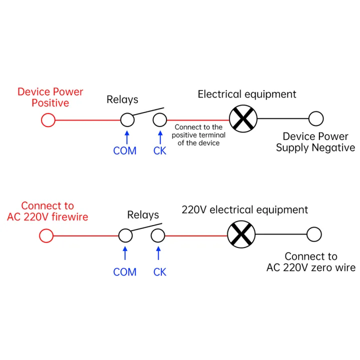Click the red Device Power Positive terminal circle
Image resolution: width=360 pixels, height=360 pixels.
point(48,120)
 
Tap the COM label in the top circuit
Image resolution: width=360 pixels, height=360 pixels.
point(125,150)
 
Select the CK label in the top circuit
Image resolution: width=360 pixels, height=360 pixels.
point(159,150)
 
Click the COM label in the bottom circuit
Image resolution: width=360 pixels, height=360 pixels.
point(125,272)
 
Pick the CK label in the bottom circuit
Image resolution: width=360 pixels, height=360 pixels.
point(159,272)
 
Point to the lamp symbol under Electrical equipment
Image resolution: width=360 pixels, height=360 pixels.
point(243,119)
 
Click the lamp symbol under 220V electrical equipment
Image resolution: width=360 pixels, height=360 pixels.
point(241,234)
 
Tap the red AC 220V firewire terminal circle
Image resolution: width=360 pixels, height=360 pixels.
point(46,235)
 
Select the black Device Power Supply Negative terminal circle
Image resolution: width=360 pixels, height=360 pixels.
point(315,119)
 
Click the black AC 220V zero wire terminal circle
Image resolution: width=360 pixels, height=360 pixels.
point(314,234)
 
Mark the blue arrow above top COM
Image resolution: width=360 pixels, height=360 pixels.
point(127,136)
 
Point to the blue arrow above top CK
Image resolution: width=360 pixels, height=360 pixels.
point(160,136)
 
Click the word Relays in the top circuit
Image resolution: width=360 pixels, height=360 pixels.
point(122,99)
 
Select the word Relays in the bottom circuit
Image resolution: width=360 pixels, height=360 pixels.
point(143,215)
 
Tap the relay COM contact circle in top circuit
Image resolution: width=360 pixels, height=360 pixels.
point(127,120)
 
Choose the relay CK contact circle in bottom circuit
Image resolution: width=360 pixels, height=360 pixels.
point(158,235)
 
